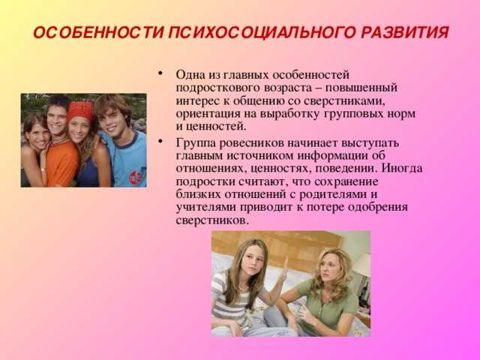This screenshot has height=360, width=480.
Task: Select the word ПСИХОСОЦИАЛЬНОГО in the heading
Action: pyautogui.click(x=262, y=33)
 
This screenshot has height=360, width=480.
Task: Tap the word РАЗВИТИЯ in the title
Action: pyautogui.click(x=405, y=33)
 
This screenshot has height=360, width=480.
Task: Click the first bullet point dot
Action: pyautogui.click(x=160, y=73)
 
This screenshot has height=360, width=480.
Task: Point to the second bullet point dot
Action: pyautogui.click(x=160, y=142)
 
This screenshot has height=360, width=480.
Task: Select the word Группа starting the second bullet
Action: pyautogui.click(x=195, y=143)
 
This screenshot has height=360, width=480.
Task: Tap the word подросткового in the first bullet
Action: pyautogui.click(x=217, y=88)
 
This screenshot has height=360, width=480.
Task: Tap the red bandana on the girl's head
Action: pyautogui.click(x=80, y=110)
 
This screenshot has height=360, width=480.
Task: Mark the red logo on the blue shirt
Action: pyautogui.click(x=136, y=177)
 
